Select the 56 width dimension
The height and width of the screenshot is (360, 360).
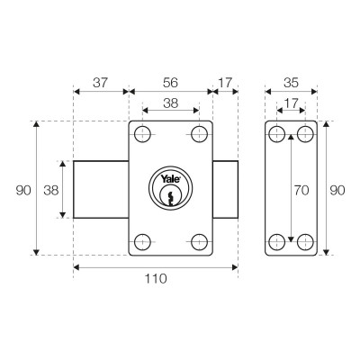(x=170, y=82)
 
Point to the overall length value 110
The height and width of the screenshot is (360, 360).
(x=156, y=279)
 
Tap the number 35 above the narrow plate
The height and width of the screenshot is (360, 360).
(x=291, y=82)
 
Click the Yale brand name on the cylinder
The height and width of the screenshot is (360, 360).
(x=169, y=178)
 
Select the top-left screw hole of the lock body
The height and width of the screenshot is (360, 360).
(x=142, y=136)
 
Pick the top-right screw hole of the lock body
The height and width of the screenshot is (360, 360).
(x=199, y=136)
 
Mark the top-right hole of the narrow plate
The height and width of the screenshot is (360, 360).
(x=305, y=136)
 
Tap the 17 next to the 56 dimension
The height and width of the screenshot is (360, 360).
(x=224, y=82)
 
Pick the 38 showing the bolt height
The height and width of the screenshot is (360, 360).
(x=50, y=189)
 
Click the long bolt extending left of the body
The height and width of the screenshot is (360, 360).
(x=101, y=189)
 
